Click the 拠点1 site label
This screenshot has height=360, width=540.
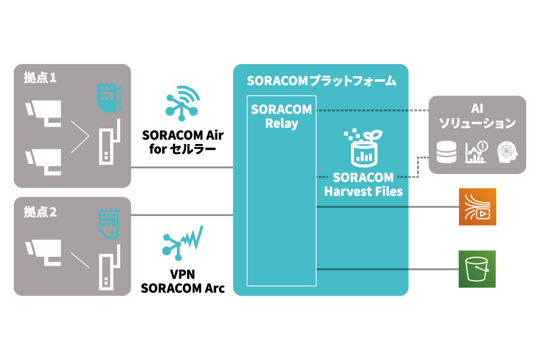click(x=40, y=78)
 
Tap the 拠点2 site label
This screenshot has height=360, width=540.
click(x=40, y=212)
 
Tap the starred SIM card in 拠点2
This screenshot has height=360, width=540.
click(x=108, y=224)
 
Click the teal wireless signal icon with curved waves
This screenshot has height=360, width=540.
click(x=182, y=103)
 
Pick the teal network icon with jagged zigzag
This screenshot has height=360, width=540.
click(x=182, y=242)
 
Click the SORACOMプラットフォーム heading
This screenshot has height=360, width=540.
click(x=321, y=81)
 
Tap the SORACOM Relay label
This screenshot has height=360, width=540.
click(x=281, y=116)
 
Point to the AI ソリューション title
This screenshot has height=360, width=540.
click(x=477, y=116)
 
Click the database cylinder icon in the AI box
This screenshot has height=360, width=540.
click(x=446, y=152)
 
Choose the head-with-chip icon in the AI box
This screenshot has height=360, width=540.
click(x=507, y=152)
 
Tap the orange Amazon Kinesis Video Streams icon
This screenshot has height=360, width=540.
click(x=478, y=206)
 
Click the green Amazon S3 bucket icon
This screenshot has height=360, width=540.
click(x=478, y=269)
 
